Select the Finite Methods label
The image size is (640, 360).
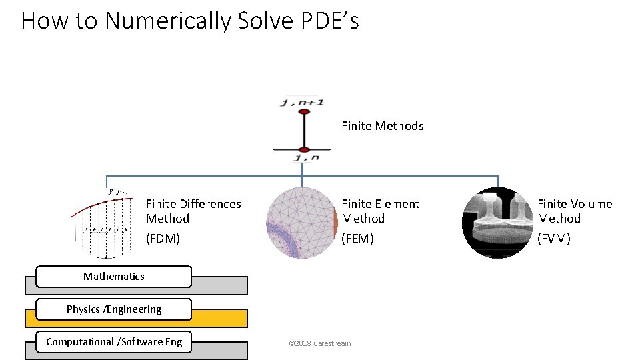[x=383, y=126]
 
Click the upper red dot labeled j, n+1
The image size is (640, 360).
[x=304, y=113]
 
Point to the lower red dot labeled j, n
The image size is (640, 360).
[x=304, y=149]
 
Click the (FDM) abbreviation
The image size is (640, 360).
[x=163, y=238]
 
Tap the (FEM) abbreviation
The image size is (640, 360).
[x=358, y=238]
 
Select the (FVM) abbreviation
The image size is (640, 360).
[x=554, y=238]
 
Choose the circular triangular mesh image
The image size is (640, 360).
[x=302, y=223]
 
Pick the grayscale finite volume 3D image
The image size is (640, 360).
[x=497, y=223]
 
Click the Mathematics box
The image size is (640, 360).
[x=113, y=276]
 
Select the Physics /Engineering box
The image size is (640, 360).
[x=113, y=309]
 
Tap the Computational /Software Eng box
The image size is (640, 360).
[x=113, y=342]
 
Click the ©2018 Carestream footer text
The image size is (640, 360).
[x=319, y=343]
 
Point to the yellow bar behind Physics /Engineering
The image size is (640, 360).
[x=220, y=319]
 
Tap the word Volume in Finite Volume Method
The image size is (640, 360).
[x=591, y=204]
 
